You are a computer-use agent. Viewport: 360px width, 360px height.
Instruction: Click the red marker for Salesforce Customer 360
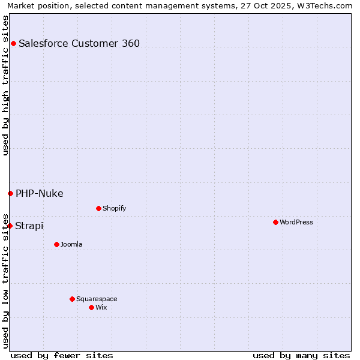click(x=13, y=43)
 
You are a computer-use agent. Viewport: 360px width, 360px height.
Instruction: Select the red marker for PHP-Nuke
click(x=10, y=193)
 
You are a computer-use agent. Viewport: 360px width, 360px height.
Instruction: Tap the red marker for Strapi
click(x=10, y=226)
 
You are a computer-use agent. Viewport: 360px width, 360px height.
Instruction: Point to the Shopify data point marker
click(x=98, y=208)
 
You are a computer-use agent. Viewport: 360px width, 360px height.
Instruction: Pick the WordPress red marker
click(x=275, y=222)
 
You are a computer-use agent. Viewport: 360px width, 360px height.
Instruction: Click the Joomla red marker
click(x=56, y=244)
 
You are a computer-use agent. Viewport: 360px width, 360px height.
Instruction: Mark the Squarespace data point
click(x=72, y=299)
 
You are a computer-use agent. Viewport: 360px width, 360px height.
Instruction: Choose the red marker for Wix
click(x=91, y=307)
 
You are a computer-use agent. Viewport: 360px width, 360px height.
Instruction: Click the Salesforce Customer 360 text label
click(x=79, y=43)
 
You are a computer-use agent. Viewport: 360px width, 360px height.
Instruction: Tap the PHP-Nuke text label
click(x=40, y=193)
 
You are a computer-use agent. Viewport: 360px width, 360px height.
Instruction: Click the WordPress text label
click(x=296, y=222)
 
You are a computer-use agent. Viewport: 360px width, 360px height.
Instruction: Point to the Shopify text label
click(x=114, y=208)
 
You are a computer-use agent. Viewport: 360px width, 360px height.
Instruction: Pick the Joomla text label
click(x=71, y=244)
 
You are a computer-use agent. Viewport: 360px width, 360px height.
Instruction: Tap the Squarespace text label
click(x=97, y=299)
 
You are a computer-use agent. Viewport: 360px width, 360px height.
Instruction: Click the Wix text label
click(x=101, y=307)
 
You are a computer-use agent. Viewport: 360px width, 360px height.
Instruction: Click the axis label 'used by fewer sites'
click(x=62, y=355)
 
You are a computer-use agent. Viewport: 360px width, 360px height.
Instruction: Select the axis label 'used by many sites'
click(x=301, y=355)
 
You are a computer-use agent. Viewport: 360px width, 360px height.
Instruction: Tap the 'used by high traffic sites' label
click(x=5, y=85)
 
